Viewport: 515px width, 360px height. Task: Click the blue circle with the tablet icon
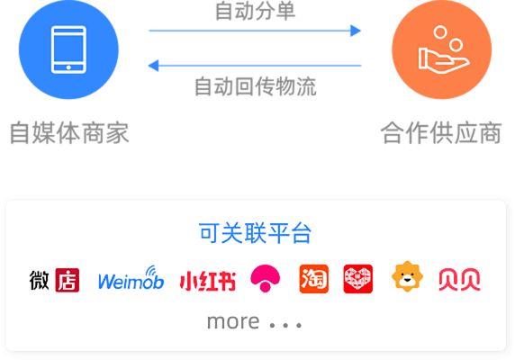coord(68,49)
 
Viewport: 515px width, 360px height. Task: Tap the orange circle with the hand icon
coord(442,49)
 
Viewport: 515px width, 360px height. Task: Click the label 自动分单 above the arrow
coord(255,11)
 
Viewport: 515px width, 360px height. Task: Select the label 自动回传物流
coord(255,86)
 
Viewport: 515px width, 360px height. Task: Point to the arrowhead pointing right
coord(356,31)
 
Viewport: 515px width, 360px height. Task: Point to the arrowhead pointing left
coord(153,66)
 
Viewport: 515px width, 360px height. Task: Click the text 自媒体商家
coord(69,133)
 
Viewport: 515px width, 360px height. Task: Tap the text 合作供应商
coord(441,133)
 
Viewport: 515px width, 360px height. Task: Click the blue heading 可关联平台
coord(255,233)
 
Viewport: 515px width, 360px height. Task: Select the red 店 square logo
coord(68,280)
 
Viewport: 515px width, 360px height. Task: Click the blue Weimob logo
coord(131,278)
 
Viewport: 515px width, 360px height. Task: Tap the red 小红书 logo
coord(208,281)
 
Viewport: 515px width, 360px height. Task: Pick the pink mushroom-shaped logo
coord(266,278)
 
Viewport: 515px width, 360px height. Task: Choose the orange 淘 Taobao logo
coord(314,279)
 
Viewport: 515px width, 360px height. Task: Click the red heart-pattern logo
coord(358,279)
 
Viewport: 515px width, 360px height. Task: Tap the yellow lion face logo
coord(407,276)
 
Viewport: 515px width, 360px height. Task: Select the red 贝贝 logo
coord(460,280)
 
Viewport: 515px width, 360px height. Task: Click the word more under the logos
coord(233,321)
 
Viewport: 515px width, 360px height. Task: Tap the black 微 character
coord(40,280)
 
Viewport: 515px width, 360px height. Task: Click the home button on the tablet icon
coord(68,67)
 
